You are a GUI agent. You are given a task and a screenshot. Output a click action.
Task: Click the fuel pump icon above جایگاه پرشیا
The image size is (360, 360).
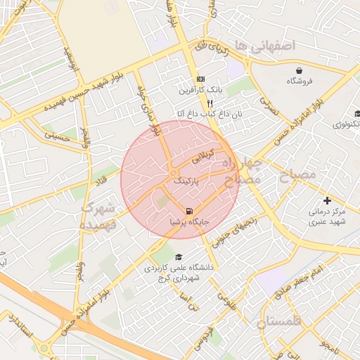[x=188, y=211]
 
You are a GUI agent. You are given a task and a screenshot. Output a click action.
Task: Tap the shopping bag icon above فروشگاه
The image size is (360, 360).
[x=300, y=70]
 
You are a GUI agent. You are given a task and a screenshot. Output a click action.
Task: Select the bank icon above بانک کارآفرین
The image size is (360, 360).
[x=200, y=79]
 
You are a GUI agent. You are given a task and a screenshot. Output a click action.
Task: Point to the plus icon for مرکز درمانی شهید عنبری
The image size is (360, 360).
[x=326, y=200]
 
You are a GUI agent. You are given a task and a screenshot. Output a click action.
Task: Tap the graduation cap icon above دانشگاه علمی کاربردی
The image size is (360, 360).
[x=178, y=257]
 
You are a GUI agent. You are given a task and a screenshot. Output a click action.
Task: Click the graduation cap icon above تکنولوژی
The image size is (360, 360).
[x=356, y=114]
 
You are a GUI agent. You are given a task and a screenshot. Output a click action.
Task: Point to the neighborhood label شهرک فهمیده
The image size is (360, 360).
[x=96, y=216]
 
